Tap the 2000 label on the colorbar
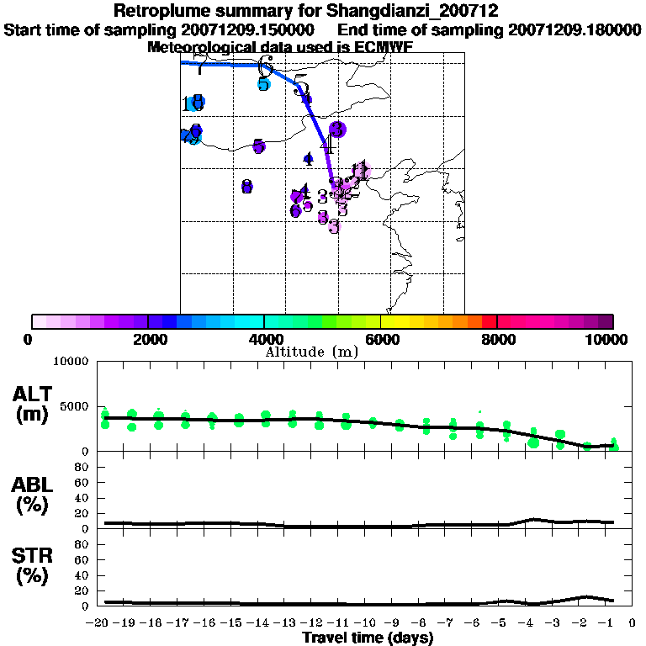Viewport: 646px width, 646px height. coord(147,339)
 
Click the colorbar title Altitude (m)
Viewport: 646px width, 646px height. coord(311,352)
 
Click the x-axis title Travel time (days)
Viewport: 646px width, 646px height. coord(368,638)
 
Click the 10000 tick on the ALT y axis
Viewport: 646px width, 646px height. coord(74,363)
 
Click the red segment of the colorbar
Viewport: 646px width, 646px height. coord(488,321)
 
